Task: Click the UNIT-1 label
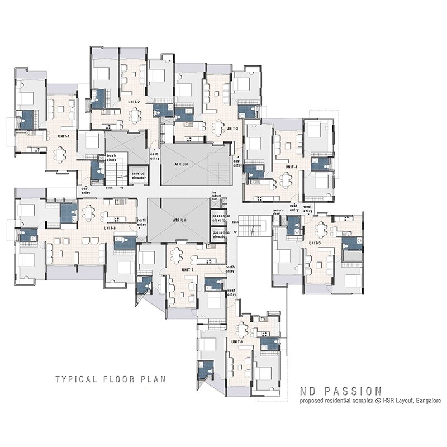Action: tap(63, 136)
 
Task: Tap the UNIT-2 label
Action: tap(134, 102)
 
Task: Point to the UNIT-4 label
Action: tap(291, 167)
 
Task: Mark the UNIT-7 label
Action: tap(188, 270)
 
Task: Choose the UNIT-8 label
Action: tap(110, 228)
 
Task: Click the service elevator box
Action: tap(139, 175)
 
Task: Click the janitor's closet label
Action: tap(279, 213)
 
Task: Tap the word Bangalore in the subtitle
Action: tap(423, 401)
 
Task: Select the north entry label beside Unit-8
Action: tap(142, 222)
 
